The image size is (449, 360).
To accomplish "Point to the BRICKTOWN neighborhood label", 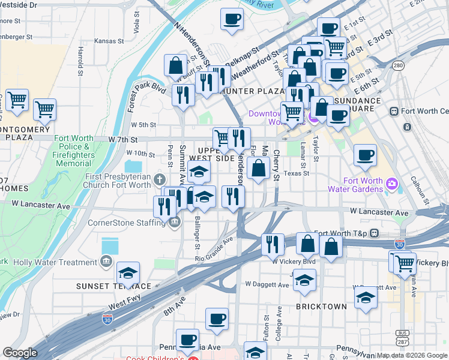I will [321, 307].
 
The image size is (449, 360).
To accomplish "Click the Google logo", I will [20, 353].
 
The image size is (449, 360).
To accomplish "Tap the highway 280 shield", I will [398, 65].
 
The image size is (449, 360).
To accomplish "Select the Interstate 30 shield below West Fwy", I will [108, 319].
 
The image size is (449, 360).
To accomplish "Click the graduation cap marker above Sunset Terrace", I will [128, 274].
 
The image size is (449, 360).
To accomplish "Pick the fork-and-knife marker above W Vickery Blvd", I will [274, 244].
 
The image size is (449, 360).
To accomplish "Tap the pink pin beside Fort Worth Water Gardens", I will [391, 182].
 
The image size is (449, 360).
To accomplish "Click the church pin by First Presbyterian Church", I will [160, 179].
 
